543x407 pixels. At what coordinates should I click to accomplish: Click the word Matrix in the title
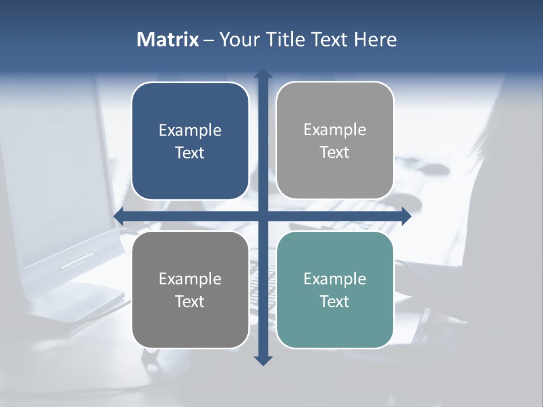coord(168,40)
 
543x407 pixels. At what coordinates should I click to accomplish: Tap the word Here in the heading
coord(375,40)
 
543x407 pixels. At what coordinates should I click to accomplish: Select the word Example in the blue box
coord(190,131)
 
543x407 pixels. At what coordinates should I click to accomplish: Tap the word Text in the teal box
coord(335,301)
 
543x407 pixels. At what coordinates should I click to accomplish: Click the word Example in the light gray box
coord(335,130)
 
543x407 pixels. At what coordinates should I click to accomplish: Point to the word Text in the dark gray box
coord(190,301)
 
